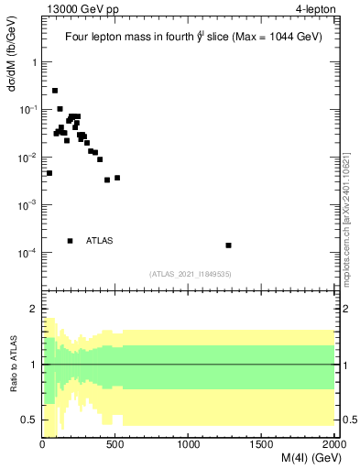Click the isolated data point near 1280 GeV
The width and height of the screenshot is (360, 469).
228,245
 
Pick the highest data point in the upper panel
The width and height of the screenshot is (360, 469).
55,91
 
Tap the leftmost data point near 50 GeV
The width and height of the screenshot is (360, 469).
49,173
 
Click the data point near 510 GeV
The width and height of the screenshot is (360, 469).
117,178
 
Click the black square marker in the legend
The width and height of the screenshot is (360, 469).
71,241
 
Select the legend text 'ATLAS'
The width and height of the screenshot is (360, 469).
99,241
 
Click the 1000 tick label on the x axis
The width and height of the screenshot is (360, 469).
189,444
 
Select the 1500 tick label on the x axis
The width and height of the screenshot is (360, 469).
262,444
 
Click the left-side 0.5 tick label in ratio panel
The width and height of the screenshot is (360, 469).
30,420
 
